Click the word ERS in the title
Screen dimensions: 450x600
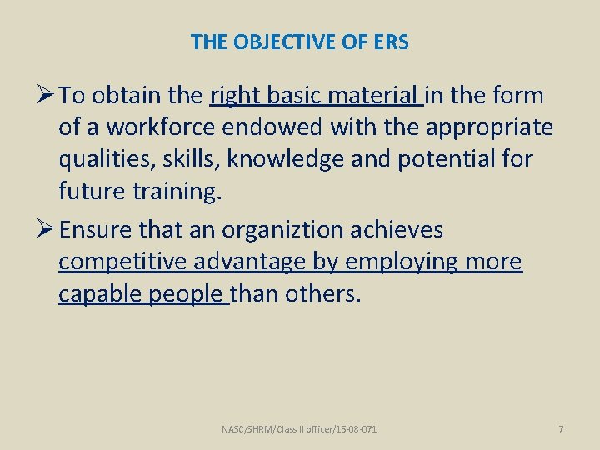pyautogui.click(x=390, y=42)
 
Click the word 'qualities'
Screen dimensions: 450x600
pyautogui.click(x=103, y=159)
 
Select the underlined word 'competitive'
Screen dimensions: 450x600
pyautogui.click(x=123, y=262)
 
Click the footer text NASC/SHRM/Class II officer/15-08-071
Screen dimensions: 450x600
pyautogui.click(x=299, y=429)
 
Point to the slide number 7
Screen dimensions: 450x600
pyautogui.click(x=561, y=429)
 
